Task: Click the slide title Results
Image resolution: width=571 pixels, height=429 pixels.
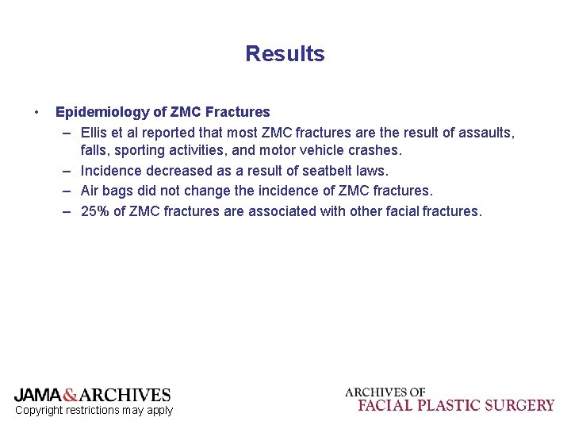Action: click(x=285, y=54)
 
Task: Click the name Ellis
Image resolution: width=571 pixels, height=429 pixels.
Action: click(x=96, y=132)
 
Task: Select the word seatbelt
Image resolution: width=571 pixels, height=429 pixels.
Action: click(x=328, y=171)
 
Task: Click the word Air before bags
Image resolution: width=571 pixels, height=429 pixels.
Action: click(x=92, y=191)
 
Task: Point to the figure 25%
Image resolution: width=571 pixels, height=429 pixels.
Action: click(x=95, y=211)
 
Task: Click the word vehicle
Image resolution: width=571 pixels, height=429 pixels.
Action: click(x=318, y=150)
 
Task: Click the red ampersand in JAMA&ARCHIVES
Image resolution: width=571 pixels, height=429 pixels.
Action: click(x=70, y=395)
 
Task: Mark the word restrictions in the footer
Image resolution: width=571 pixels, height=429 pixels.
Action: click(x=98, y=410)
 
